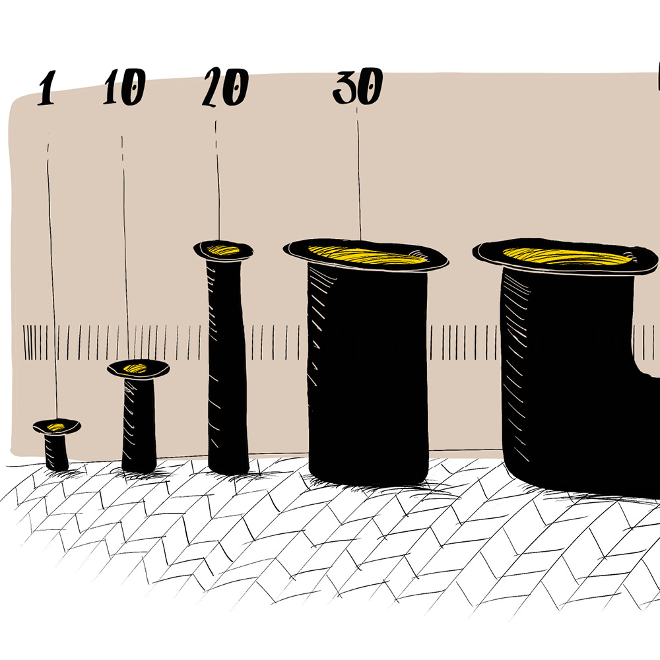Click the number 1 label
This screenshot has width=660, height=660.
click(x=46, y=88)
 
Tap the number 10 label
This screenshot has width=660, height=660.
click(x=125, y=86)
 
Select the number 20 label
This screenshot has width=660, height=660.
click(x=225, y=86)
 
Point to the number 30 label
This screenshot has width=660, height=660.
click(x=358, y=86)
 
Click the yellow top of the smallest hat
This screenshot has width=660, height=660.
click(x=56, y=427)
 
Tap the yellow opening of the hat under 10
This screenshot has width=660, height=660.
click(x=135, y=369)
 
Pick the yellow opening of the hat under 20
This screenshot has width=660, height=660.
click(x=223, y=250)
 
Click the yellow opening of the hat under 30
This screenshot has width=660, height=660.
click(x=367, y=255)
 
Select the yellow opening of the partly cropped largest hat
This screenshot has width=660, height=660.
click(x=568, y=256)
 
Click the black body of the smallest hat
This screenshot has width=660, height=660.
click(x=56, y=453)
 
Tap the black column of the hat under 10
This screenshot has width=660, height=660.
click(x=139, y=425)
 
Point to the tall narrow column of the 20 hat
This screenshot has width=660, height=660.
click(x=228, y=366)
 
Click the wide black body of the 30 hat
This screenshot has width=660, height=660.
click(x=368, y=375)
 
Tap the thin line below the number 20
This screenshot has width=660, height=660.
click(x=218, y=180)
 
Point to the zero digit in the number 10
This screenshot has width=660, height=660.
click(x=134, y=87)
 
